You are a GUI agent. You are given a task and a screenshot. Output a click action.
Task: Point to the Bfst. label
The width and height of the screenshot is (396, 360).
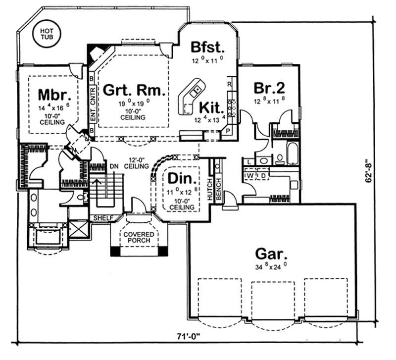click(208, 48)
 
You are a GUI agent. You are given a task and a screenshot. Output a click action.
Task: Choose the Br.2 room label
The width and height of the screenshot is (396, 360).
click(269, 88)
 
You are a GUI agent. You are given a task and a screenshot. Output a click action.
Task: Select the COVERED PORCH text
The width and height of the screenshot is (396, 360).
click(139, 237)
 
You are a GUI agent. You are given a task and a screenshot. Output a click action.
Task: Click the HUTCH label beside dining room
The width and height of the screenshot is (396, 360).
click(210, 188)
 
